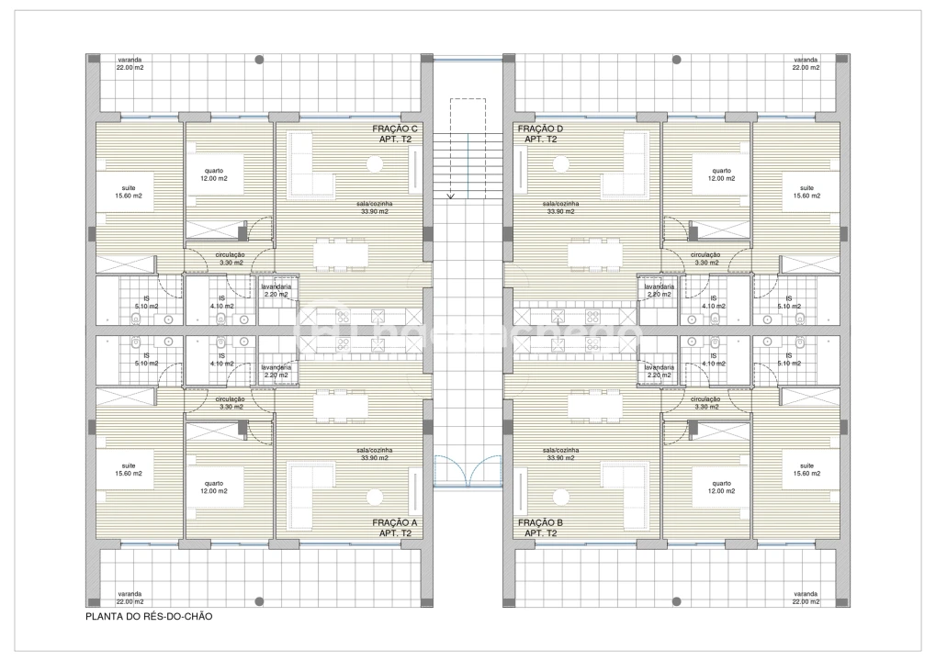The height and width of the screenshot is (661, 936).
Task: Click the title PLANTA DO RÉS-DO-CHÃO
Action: click(x=149, y=617)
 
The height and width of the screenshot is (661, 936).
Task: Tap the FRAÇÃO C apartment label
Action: click(x=395, y=134)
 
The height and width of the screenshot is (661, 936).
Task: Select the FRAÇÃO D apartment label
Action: click(x=539, y=134)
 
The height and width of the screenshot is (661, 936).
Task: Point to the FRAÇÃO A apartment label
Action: click(x=395, y=527)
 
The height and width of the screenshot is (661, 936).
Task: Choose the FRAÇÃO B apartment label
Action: click(x=539, y=527)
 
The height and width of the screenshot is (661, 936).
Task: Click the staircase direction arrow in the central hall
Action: click(x=450, y=195)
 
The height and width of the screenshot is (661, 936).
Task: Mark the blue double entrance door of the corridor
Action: click(x=468, y=472)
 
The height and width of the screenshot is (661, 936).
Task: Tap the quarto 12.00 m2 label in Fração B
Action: click(x=720, y=487)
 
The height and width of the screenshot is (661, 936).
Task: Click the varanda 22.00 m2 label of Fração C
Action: click(x=129, y=63)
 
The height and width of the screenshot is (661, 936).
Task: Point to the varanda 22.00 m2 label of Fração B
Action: click(x=806, y=598)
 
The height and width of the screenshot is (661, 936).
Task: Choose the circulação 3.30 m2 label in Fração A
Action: click(x=230, y=403)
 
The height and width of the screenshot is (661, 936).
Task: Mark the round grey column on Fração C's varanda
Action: click(x=260, y=60)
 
